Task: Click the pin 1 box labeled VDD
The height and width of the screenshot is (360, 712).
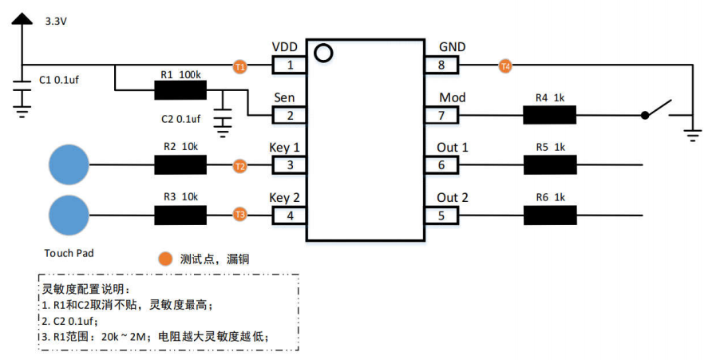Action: point(290,66)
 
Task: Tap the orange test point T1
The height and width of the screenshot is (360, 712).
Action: point(240,66)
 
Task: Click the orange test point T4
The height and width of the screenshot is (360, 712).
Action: point(504,66)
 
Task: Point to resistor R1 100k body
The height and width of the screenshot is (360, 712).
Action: point(180,90)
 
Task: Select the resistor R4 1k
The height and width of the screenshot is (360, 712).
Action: point(549,116)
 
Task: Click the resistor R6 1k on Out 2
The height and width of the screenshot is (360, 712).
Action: point(549,215)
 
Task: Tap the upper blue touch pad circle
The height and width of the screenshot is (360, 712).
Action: point(69,165)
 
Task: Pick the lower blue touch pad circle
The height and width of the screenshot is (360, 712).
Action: point(69,215)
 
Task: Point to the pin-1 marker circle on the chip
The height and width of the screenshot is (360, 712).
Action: point(322,53)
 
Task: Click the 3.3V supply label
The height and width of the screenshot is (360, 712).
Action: point(56,22)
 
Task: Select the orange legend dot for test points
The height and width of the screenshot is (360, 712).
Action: point(165,259)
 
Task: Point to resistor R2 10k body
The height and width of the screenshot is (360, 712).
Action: point(180,165)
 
